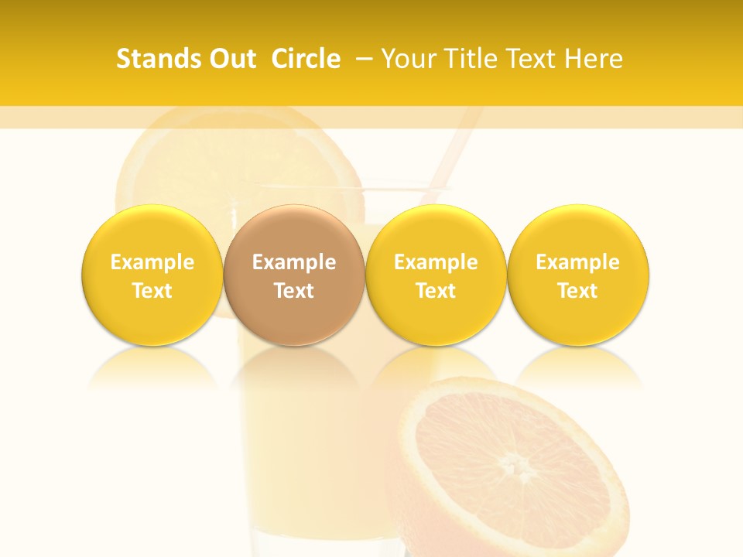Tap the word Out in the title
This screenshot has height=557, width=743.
coord(231,59)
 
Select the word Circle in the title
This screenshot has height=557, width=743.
coord(306,59)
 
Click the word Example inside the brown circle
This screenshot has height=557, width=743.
coord(294,262)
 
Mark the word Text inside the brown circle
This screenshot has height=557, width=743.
coord(294,291)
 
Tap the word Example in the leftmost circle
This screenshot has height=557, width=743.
coord(152,262)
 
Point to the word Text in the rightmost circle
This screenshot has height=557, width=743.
coord(578,291)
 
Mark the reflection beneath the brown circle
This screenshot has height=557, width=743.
coord(294,367)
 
